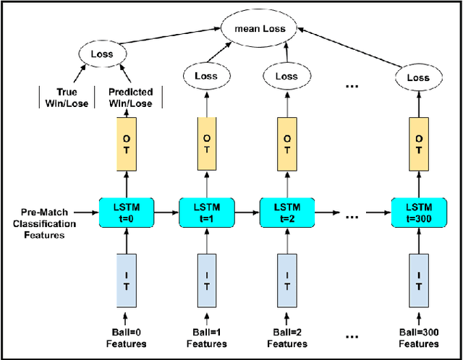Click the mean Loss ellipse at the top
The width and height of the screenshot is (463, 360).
(259, 29)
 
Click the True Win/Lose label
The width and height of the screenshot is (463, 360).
(71, 98)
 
